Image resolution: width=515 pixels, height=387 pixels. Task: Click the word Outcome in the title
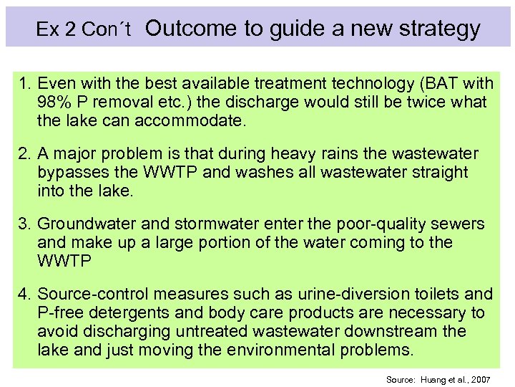coord(190,29)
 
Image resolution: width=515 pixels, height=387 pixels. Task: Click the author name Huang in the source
coord(434,378)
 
